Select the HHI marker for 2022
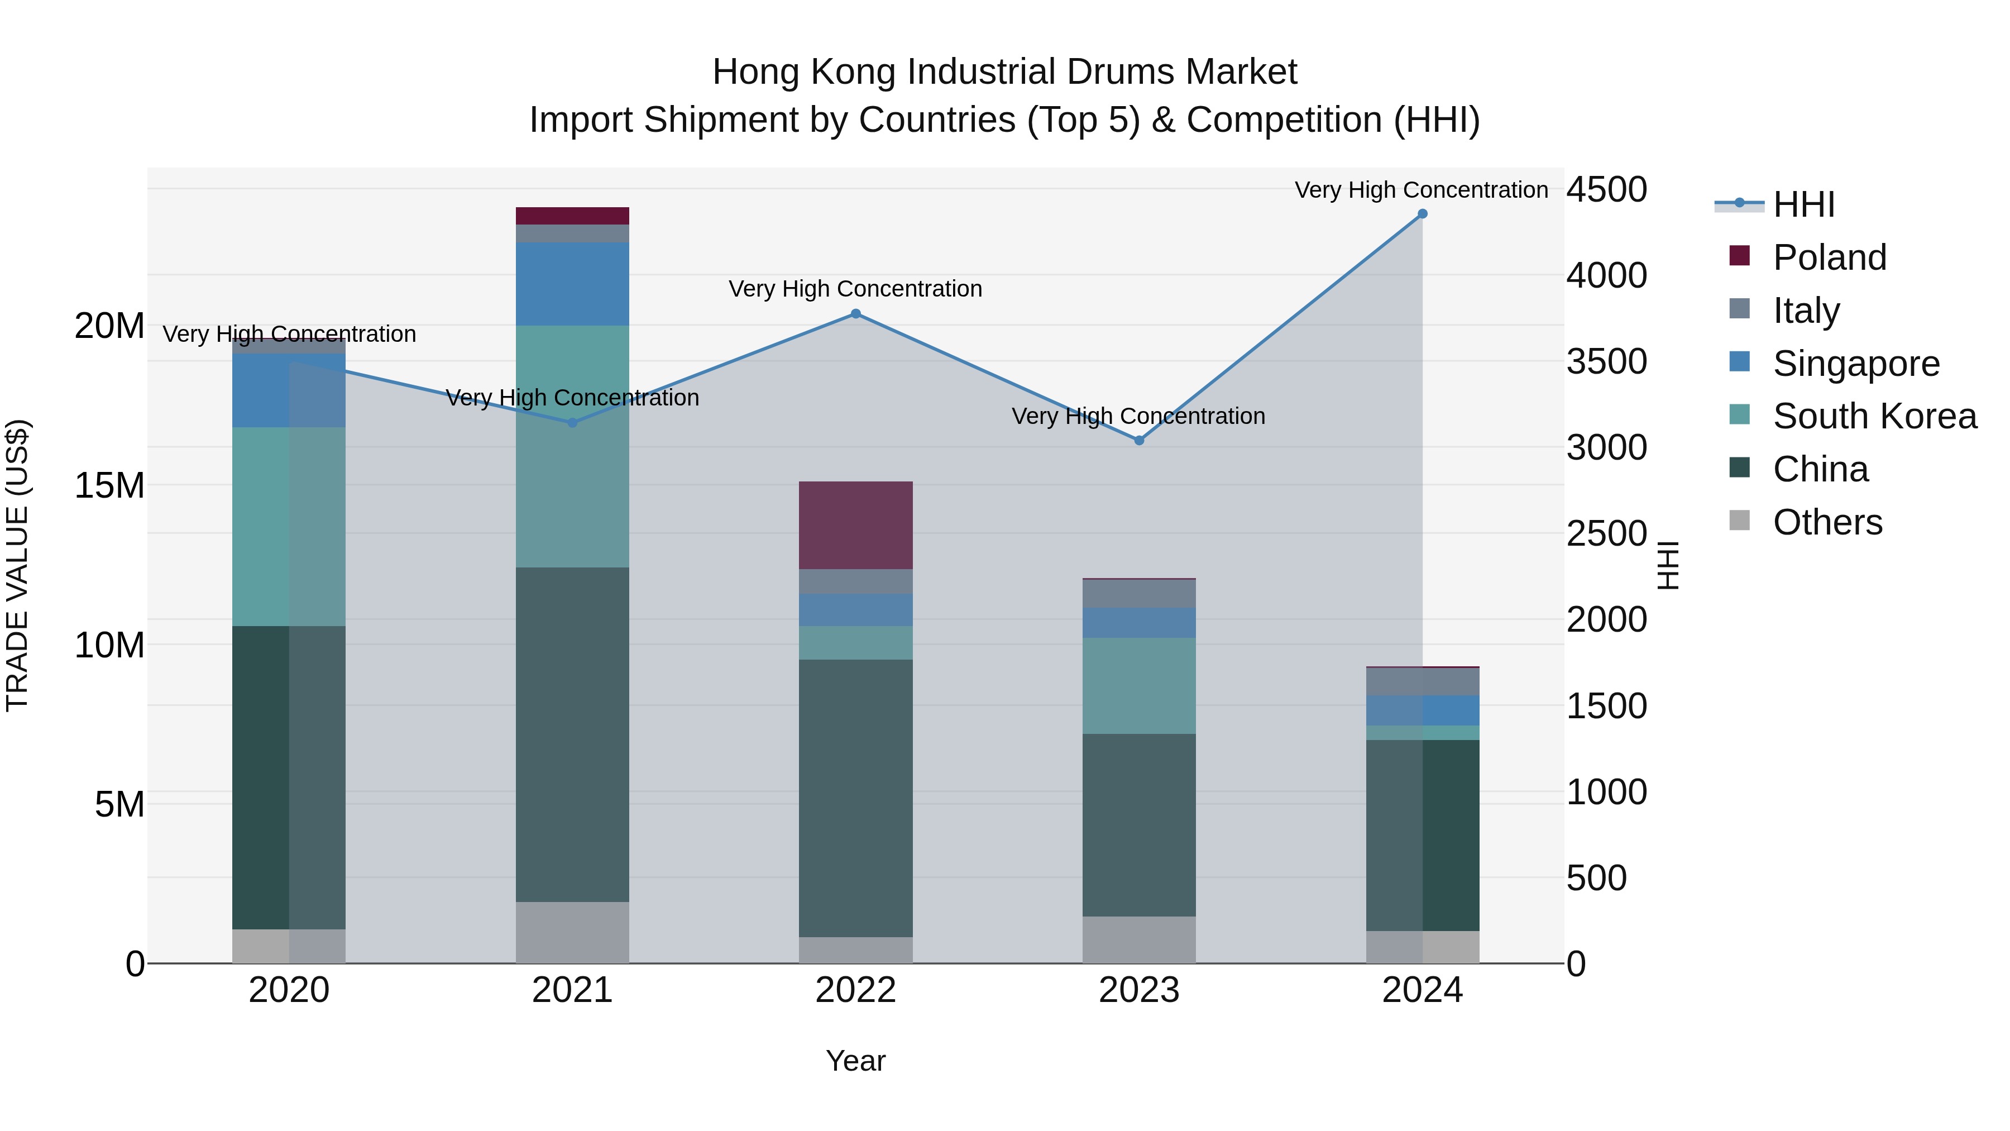(x=855, y=314)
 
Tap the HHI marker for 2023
(x=1138, y=440)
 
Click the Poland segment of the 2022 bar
(x=855, y=526)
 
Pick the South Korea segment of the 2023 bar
(x=1138, y=685)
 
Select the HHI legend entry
(x=1802, y=204)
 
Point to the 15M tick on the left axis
(x=109, y=485)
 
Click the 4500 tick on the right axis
(x=1606, y=190)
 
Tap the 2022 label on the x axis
(x=855, y=990)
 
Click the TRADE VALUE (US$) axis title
(x=18, y=565)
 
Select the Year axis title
(x=855, y=1061)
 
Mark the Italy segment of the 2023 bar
(x=1138, y=594)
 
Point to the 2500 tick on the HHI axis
(x=1606, y=534)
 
